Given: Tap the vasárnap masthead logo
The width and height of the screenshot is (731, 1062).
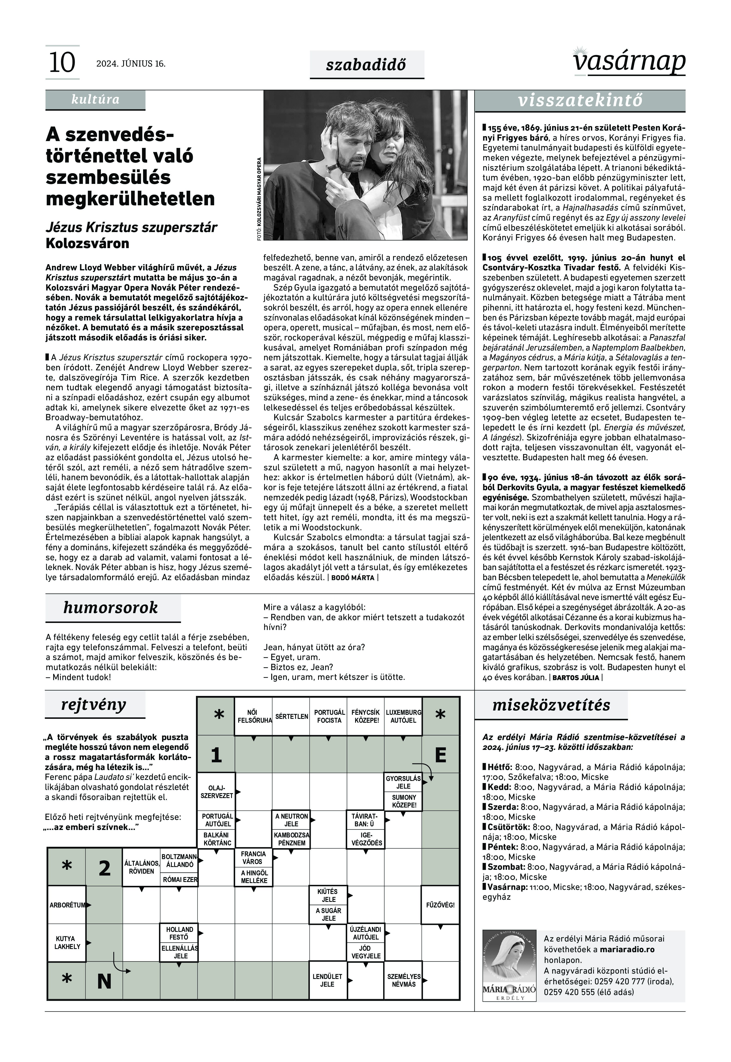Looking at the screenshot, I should [629, 61].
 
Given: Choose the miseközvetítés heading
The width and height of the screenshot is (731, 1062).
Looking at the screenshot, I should [551, 705].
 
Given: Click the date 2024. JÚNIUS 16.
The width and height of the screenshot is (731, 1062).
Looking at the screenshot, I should [130, 64].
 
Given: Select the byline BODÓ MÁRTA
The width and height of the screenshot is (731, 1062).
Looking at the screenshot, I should [353, 578].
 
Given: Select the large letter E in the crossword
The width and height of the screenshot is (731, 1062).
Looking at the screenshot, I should [440, 754].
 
